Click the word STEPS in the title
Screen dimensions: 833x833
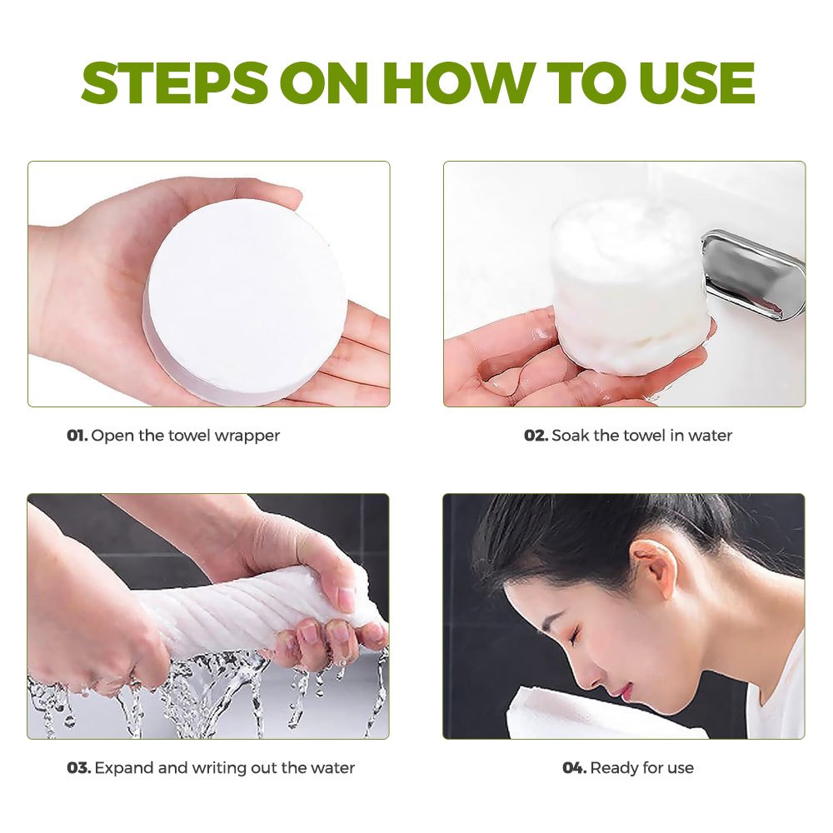[175, 82]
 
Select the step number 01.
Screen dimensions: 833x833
[77, 436]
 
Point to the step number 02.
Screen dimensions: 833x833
[536, 436]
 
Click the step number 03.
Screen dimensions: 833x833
[79, 768]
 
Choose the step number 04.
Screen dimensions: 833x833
[575, 768]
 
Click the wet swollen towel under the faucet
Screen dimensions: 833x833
[631, 287]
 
